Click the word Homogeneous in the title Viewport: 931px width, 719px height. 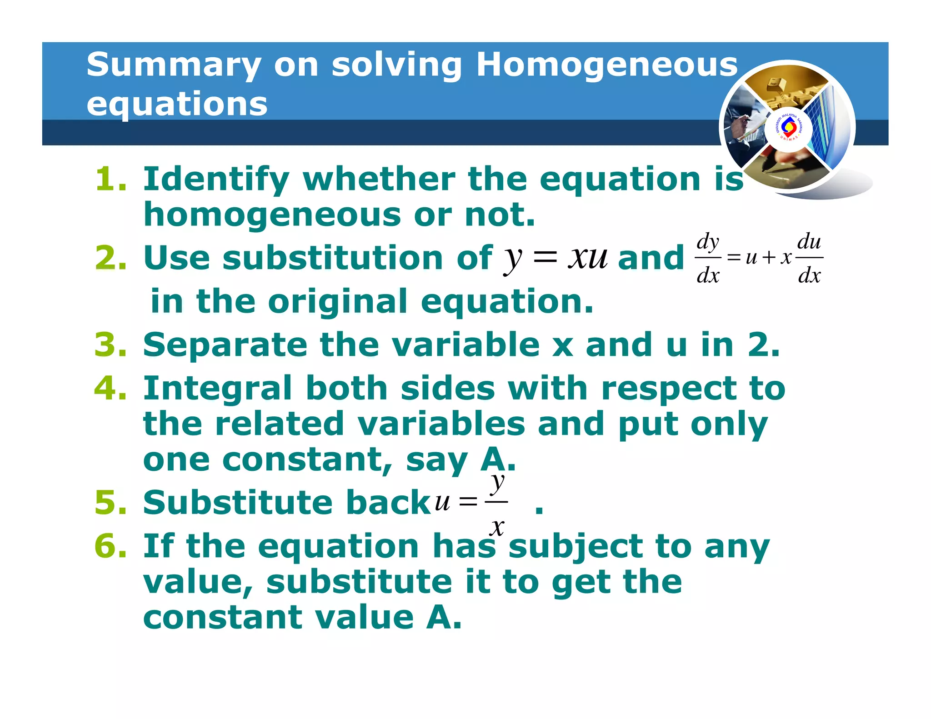[x=607, y=65]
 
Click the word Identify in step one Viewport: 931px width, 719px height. [x=216, y=180]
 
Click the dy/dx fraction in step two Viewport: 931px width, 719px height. [x=708, y=258]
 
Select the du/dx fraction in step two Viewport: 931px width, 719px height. [x=809, y=258]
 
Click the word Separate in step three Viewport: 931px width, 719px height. [x=225, y=345]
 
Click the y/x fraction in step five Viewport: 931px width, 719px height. [x=497, y=502]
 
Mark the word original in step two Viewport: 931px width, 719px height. [x=337, y=301]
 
